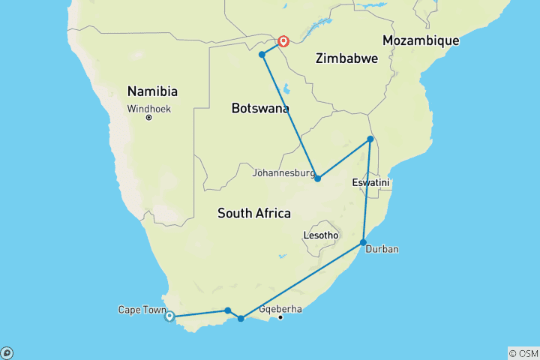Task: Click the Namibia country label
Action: coord(152,91)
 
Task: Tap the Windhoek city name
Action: coord(148,108)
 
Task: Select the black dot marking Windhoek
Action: coord(149,118)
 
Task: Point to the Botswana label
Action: coord(259,109)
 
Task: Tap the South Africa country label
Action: coord(253,214)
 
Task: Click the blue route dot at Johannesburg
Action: coord(317,178)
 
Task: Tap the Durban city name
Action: coord(382,249)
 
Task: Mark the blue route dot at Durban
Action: coord(364,243)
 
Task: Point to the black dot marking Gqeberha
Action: coord(280,318)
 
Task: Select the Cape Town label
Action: coord(139,309)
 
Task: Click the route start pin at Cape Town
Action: coord(169,316)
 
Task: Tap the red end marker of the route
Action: coord(283,41)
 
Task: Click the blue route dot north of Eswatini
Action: coord(370,139)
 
